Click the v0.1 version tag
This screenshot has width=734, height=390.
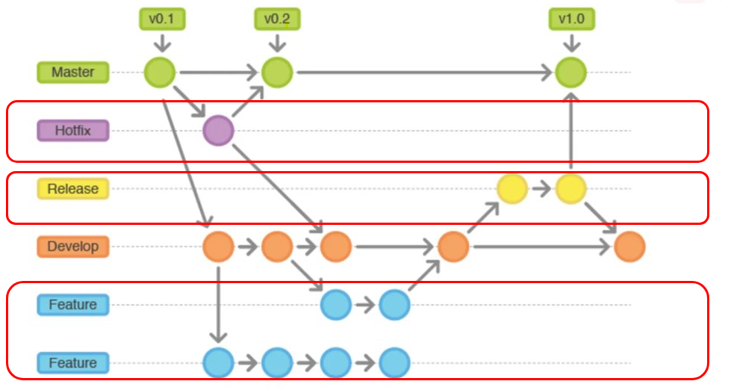tap(162, 19)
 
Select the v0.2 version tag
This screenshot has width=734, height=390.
tap(277, 19)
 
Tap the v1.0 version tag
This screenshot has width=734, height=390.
tap(571, 19)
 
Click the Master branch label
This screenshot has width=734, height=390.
tap(73, 72)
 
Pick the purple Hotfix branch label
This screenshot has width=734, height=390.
tap(73, 130)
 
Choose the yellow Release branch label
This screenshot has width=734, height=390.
tap(73, 189)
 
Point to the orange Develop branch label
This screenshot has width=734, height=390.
tap(73, 247)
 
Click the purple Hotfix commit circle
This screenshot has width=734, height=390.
tap(218, 130)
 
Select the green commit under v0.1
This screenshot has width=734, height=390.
tap(160, 72)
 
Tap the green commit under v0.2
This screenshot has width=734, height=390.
tap(277, 72)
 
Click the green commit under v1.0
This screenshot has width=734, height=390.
tap(571, 72)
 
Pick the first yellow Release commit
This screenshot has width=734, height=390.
tap(512, 189)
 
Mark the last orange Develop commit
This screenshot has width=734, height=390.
tap(629, 247)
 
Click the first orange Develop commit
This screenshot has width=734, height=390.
tap(218, 247)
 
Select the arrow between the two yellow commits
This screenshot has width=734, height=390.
tap(541, 189)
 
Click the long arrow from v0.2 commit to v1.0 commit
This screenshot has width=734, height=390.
tap(425, 72)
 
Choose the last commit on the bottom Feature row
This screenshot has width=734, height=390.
tap(394, 363)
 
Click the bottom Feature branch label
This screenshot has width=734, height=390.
tap(73, 363)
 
